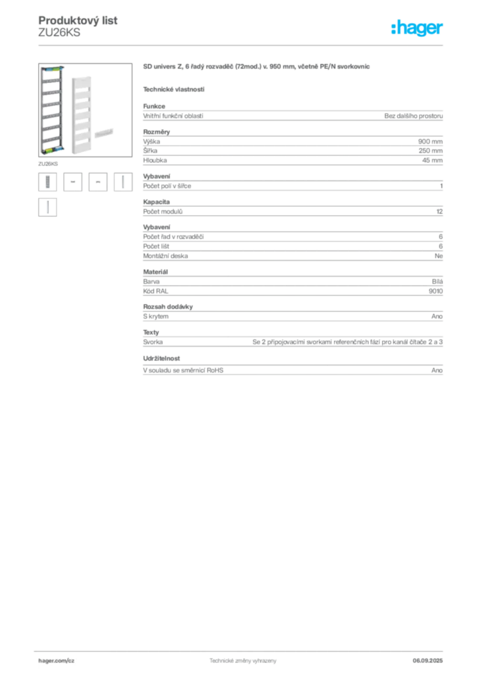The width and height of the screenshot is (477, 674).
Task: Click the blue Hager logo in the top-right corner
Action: [x=418, y=29]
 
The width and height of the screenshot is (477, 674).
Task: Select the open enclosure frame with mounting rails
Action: [x=51, y=110]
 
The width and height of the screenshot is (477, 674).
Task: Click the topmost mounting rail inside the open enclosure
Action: [x=52, y=76]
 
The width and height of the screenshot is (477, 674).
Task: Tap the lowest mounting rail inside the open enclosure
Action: [x=51, y=142]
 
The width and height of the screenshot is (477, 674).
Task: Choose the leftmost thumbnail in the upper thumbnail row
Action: [x=47, y=182]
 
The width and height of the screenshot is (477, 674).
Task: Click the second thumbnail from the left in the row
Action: [x=74, y=182]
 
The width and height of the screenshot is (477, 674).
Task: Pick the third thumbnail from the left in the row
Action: [x=99, y=182]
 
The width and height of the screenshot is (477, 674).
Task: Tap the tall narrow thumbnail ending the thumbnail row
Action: [x=123, y=182]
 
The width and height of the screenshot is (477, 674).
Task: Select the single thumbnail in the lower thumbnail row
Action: [x=47, y=207]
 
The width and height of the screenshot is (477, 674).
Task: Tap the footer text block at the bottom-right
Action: [x=432, y=658]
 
